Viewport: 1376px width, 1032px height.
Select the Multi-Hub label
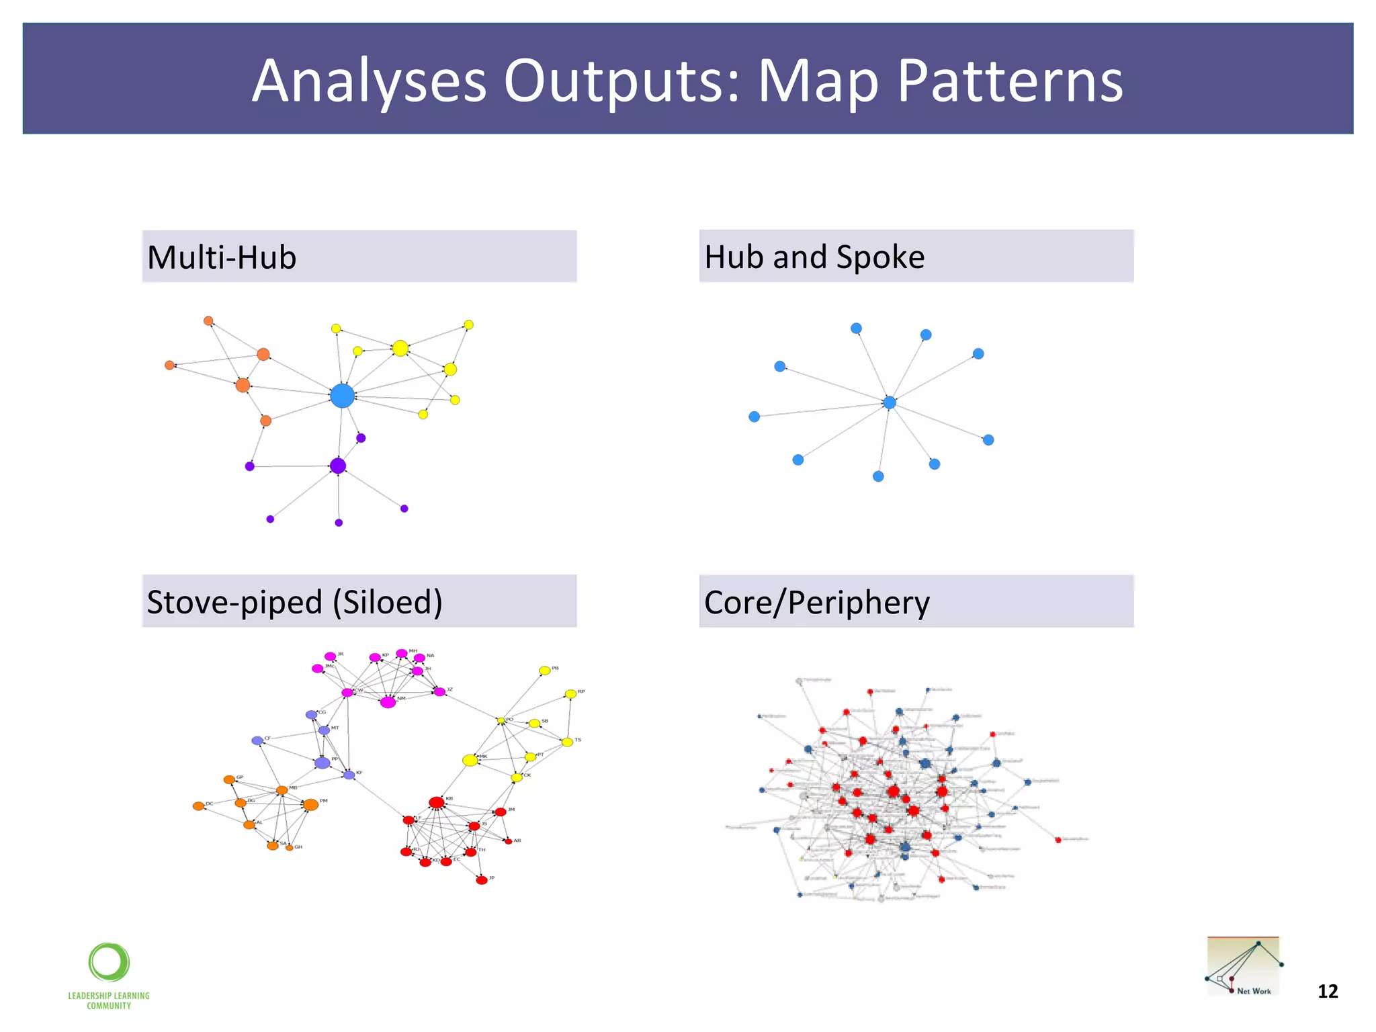point(222,257)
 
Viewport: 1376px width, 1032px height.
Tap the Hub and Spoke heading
point(814,257)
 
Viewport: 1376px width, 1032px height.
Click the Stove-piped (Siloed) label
point(294,601)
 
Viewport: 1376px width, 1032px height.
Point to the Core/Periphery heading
point(816,602)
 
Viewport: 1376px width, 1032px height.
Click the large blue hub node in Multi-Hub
point(342,396)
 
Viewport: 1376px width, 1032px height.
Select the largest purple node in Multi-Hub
point(338,466)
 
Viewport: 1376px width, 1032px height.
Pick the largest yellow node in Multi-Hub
point(400,348)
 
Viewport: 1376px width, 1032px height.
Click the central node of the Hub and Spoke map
point(890,402)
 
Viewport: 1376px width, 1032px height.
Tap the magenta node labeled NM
point(388,702)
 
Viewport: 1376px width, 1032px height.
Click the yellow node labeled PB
point(545,671)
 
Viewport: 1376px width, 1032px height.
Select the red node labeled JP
point(482,880)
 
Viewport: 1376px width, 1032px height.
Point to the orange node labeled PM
point(310,804)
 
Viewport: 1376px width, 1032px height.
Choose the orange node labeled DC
point(198,806)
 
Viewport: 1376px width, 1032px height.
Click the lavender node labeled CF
point(257,740)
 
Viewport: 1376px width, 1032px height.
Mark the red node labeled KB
point(437,802)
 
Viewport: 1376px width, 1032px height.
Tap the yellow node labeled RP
point(570,693)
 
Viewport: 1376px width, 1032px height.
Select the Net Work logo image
point(1244,966)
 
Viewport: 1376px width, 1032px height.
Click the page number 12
point(1328,992)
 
